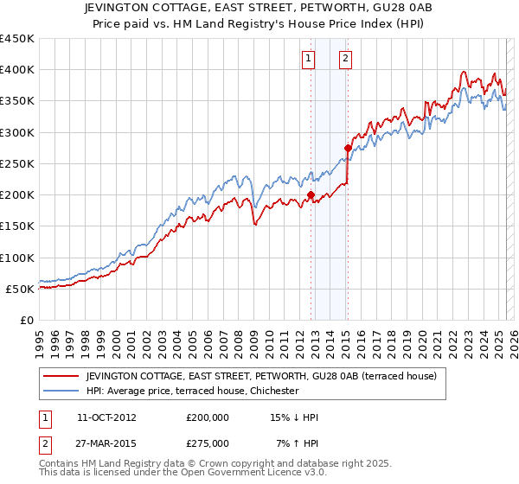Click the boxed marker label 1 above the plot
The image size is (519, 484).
tap(309, 59)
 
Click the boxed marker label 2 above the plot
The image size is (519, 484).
tap(345, 59)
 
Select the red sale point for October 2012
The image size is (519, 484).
tap(311, 194)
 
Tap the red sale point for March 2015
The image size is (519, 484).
tap(348, 148)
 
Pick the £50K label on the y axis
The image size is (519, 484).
tap(21, 289)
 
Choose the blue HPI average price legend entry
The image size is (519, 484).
tap(191, 391)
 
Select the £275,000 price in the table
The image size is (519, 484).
tap(208, 443)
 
